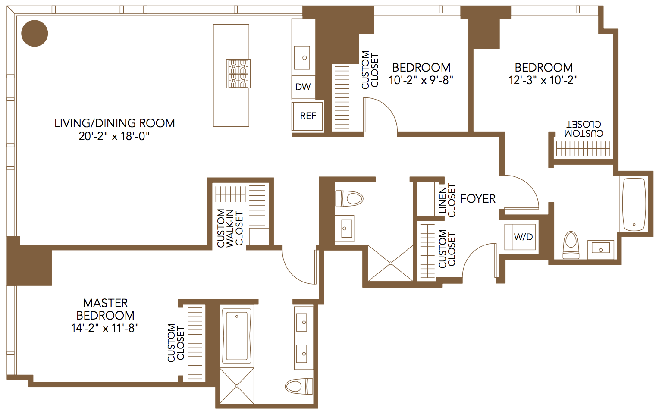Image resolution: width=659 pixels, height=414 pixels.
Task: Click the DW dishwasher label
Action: click(303, 87)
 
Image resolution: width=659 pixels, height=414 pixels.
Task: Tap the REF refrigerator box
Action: click(308, 116)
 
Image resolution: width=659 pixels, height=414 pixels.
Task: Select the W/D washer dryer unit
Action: click(520, 237)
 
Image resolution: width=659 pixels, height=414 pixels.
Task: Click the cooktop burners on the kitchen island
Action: click(238, 74)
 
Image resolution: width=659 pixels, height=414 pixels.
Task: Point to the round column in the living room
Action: click(35, 33)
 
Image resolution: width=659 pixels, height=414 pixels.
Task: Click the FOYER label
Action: click(478, 199)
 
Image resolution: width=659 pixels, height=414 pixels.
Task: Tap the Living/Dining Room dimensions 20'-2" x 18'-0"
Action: click(114, 137)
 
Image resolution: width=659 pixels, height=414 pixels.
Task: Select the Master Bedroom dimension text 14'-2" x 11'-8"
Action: click(105, 328)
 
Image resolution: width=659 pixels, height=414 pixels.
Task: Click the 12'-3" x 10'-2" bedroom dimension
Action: click(543, 80)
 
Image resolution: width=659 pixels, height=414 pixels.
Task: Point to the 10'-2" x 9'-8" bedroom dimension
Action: click(421, 80)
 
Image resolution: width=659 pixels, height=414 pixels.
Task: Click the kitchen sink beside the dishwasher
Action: click(302, 58)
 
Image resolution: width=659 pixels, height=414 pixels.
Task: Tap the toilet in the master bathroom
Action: click(299, 386)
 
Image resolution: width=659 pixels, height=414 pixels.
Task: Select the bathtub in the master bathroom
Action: click(236, 336)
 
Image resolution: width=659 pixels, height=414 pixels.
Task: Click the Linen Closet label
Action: click(447, 201)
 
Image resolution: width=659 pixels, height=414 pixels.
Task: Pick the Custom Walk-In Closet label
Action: click(230, 228)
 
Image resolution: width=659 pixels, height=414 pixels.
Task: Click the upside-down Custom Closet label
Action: click(584, 129)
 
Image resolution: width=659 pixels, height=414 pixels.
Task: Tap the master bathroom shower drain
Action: click(237, 386)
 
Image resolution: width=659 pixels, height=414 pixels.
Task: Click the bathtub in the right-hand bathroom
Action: click(634, 204)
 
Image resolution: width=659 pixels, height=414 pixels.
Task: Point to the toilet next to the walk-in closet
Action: click(349, 199)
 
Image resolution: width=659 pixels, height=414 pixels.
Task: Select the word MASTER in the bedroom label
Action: click(105, 303)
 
